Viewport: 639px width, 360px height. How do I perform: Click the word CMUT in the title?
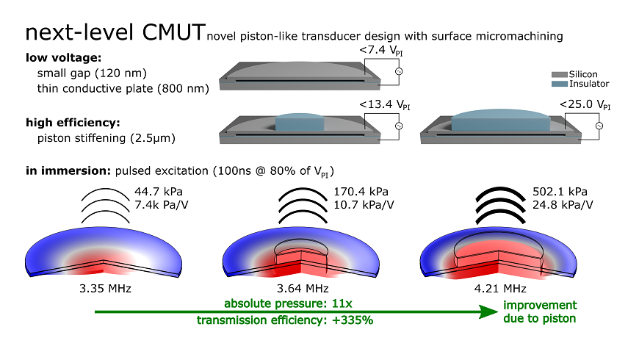[173, 32]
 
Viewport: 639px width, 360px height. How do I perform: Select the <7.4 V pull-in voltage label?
[381, 51]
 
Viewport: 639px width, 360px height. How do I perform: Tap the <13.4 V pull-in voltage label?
[385, 105]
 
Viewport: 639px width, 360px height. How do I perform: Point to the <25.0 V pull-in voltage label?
[585, 105]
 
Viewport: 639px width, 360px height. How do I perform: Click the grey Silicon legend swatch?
[560, 75]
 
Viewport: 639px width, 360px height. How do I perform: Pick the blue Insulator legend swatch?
[560, 84]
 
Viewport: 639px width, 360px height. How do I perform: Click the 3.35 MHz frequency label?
[106, 289]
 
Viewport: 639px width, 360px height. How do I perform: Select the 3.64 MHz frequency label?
[303, 289]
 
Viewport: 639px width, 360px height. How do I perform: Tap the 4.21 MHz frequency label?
[500, 289]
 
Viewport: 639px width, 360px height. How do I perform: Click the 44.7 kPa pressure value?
[159, 192]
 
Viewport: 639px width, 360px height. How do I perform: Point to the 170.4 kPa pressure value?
[361, 192]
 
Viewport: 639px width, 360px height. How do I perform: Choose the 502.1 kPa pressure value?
[560, 192]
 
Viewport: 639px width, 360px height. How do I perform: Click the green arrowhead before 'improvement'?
[488, 312]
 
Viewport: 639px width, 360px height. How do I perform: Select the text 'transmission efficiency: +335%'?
[285, 320]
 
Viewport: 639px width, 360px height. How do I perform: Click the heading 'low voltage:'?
[64, 58]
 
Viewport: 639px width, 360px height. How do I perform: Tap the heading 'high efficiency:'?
[73, 123]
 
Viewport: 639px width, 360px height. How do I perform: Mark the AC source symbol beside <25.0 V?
[599, 126]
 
